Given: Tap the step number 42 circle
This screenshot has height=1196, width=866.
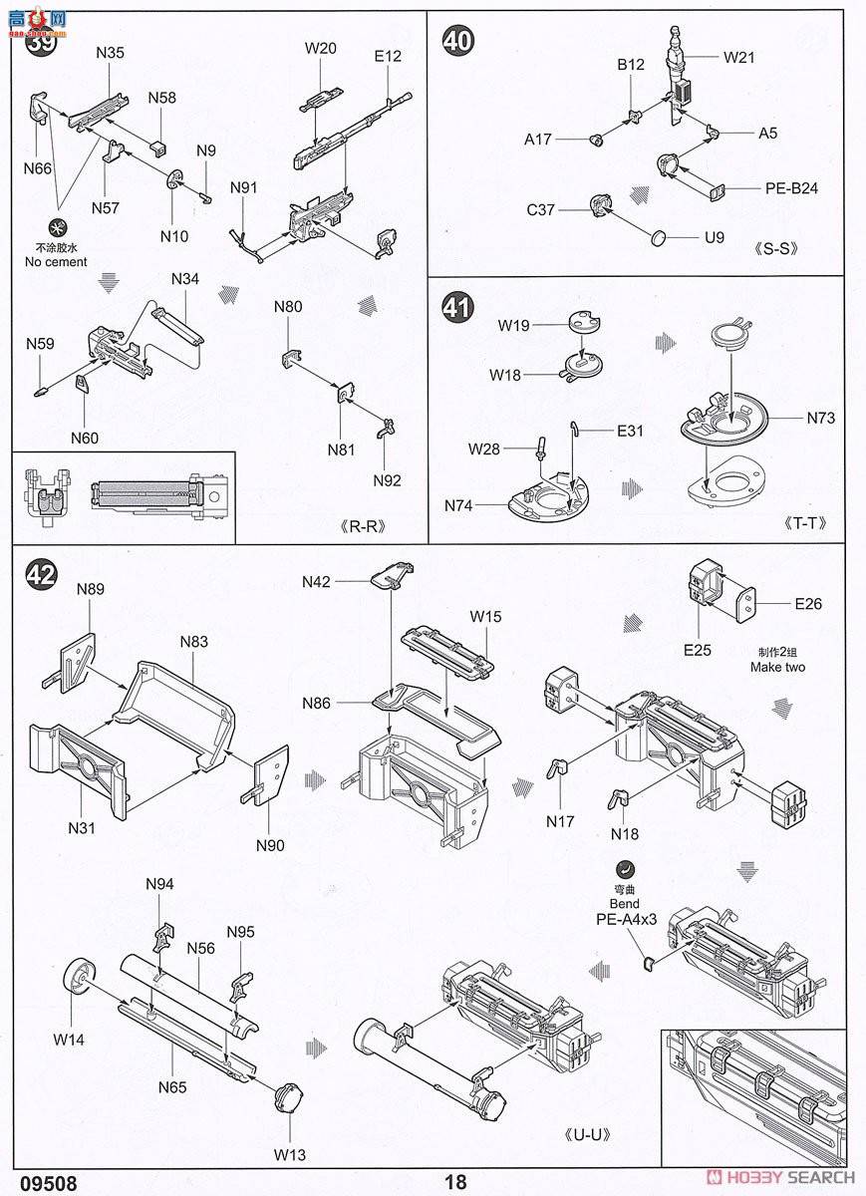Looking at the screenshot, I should pyautogui.click(x=40, y=573).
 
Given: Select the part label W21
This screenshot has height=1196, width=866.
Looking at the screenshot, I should pyautogui.click(x=739, y=57).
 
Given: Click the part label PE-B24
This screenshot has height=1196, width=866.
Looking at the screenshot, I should pyautogui.click(x=791, y=187).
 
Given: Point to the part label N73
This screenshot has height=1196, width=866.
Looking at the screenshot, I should pyautogui.click(x=821, y=418).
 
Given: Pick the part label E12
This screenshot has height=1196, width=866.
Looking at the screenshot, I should pyautogui.click(x=388, y=56).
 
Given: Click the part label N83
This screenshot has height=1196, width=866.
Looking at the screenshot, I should pyautogui.click(x=194, y=641).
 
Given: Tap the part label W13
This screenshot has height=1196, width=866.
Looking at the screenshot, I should pyautogui.click(x=291, y=1155).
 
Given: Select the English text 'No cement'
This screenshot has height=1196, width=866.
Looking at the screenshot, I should pyautogui.click(x=56, y=262).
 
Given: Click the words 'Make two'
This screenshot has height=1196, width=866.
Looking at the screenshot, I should pyautogui.click(x=777, y=667).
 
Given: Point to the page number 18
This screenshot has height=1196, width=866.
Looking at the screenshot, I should pyautogui.click(x=456, y=1182).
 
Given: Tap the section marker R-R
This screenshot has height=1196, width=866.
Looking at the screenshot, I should pyautogui.click(x=361, y=526).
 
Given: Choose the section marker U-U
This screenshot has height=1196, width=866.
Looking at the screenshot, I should pyautogui.click(x=586, y=1134).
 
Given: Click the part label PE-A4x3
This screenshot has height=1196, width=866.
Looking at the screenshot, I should pyautogui.click(x=627, y=921).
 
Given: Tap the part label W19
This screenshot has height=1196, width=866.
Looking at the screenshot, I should pyautogui.click(x=514, y=325).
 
